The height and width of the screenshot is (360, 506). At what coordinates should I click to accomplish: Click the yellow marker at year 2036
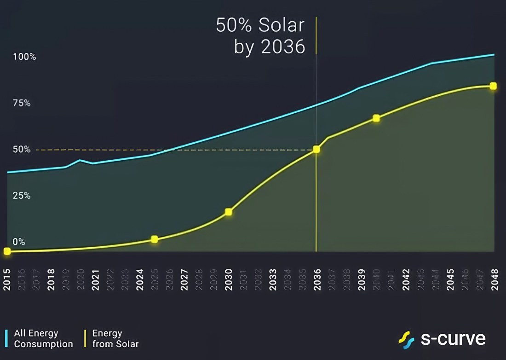click(316, 149)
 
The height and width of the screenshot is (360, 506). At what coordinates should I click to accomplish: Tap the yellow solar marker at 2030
click(229, 212)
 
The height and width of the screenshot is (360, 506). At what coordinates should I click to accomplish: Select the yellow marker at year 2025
click(155, 239)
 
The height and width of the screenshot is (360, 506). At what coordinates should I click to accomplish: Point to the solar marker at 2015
click(7, 251)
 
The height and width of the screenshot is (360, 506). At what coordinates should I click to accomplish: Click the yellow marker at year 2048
click(493, 86)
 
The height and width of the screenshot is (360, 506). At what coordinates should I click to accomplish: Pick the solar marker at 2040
click(376, 118)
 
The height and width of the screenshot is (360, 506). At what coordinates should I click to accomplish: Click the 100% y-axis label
click(24, 57)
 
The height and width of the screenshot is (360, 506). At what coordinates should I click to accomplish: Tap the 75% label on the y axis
click(22, 103)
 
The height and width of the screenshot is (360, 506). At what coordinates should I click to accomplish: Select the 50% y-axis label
click(22, 149)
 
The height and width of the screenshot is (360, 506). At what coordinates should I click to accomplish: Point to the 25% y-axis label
click(22, 196)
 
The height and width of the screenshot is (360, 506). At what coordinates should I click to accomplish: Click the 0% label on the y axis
click(19, 242)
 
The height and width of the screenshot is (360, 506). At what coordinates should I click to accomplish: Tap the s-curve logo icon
click(407, 340)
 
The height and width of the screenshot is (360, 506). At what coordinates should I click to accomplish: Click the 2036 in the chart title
click(283, 46)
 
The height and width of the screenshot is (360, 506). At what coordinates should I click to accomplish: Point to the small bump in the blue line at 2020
click(80, 160)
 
